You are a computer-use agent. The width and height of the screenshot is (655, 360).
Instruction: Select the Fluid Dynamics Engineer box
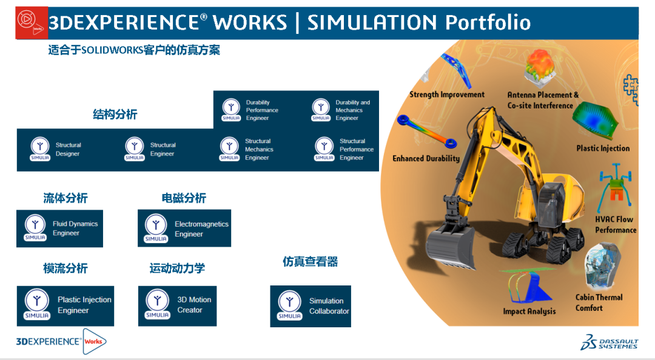[x=59, y=228]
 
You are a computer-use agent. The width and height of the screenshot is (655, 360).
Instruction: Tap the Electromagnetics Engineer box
[x=184, y=228]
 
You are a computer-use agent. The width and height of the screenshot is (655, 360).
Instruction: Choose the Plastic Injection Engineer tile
[x=65, y=305]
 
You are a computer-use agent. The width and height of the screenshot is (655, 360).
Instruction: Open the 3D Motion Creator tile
[x=177, y=305]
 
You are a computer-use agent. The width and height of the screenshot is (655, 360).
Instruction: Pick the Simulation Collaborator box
[x=311, y=306]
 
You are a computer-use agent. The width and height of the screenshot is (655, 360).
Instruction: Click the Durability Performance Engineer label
[x=262, y=110]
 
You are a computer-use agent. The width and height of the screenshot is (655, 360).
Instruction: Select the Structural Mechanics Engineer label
[x=259, y=149]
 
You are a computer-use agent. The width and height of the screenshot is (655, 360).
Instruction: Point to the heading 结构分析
[x=115, y=114]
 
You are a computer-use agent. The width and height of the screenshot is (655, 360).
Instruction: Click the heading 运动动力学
[x=177, y=268]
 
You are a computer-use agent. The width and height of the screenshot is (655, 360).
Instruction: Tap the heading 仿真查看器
[x=310, y=262]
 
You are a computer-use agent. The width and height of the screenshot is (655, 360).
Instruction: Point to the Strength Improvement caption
[x=447, y=95]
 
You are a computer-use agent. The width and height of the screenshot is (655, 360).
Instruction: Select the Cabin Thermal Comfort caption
[x=599, y=302]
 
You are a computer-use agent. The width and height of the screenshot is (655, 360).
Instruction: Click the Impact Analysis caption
[x=529, y=312]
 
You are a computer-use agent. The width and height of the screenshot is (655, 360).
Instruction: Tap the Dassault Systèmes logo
[x=608, y=342]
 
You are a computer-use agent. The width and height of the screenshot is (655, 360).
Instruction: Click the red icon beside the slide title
[x=32, y=23]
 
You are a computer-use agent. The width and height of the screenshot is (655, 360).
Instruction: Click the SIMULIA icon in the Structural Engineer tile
[x=135, y=149]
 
